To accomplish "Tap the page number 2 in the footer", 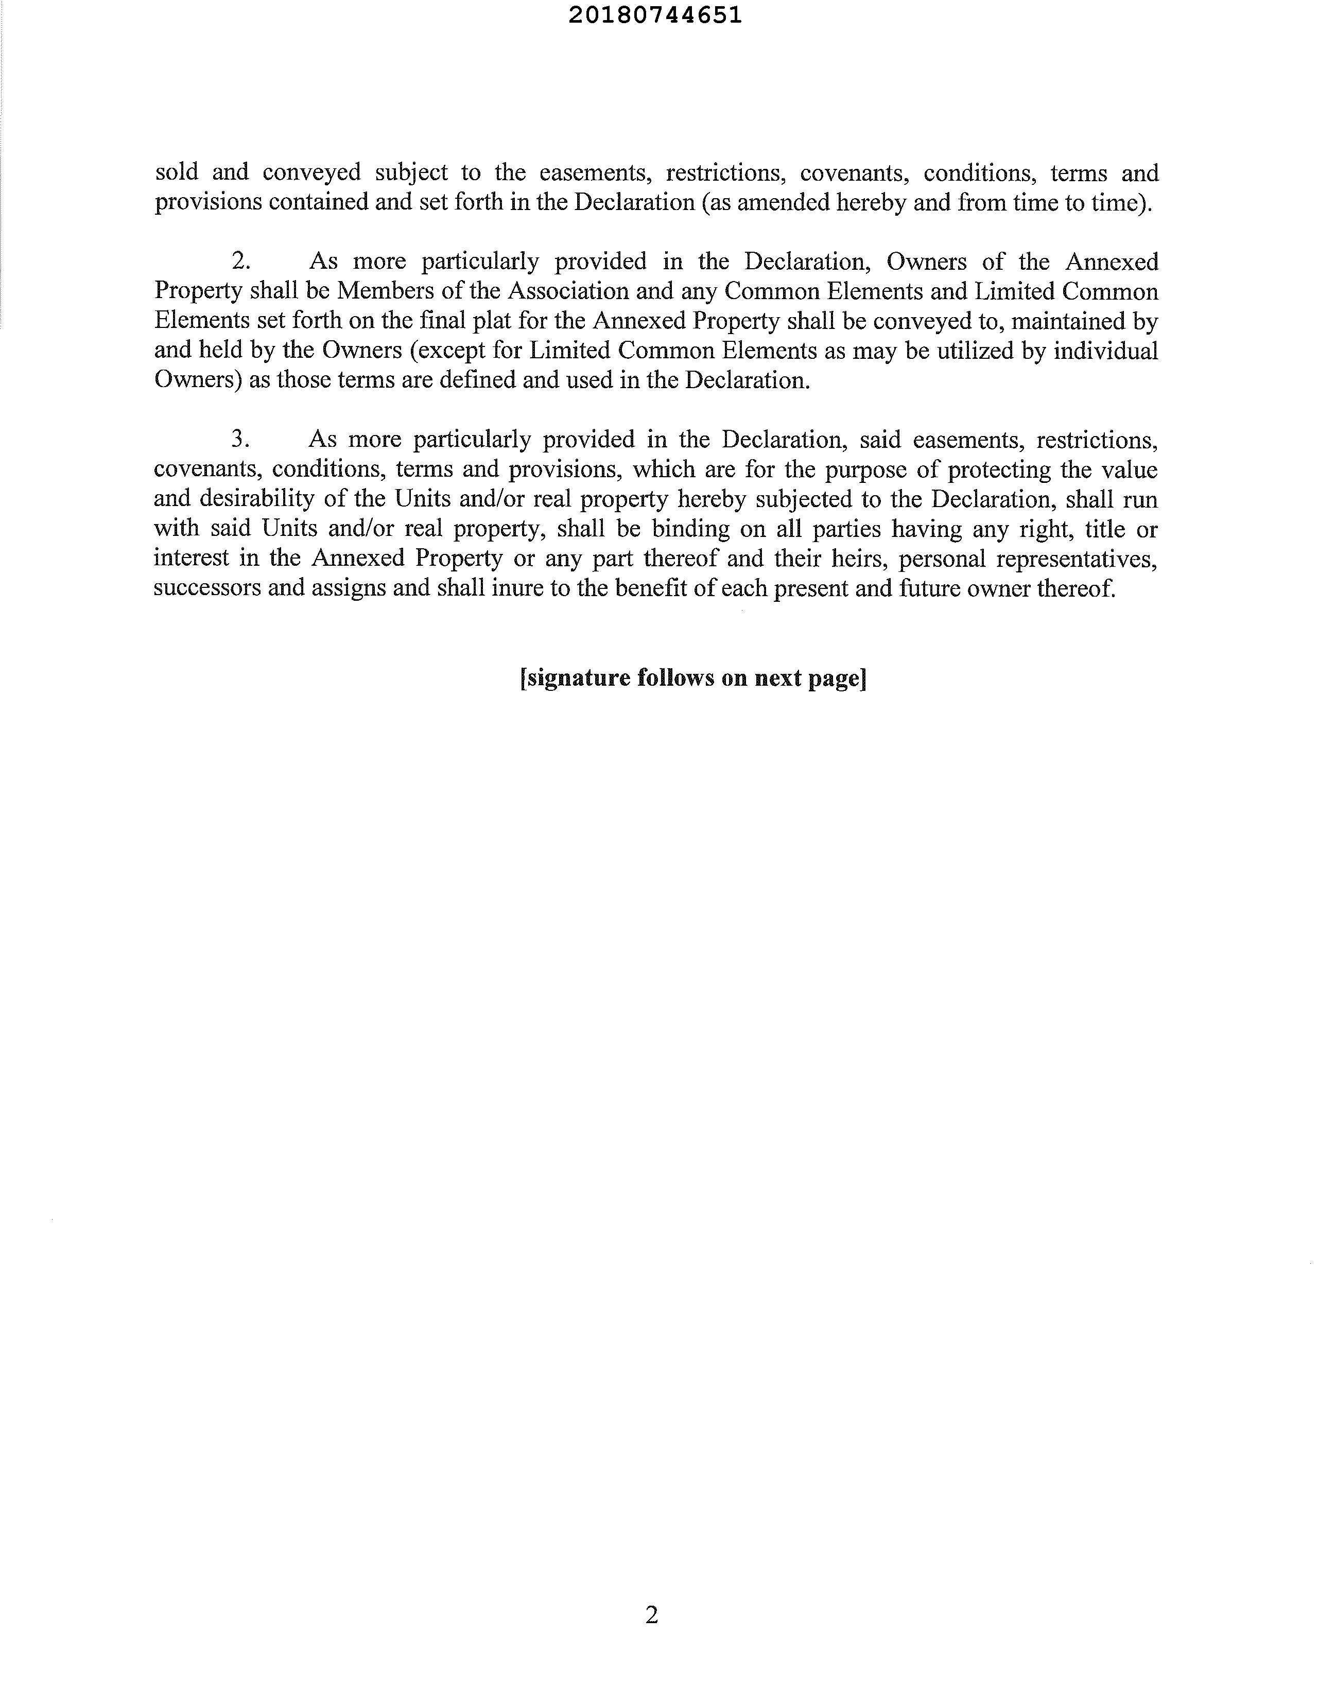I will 652,1614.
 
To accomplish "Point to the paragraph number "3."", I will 240,440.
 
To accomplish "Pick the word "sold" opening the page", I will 177,172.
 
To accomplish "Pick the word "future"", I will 929,588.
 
